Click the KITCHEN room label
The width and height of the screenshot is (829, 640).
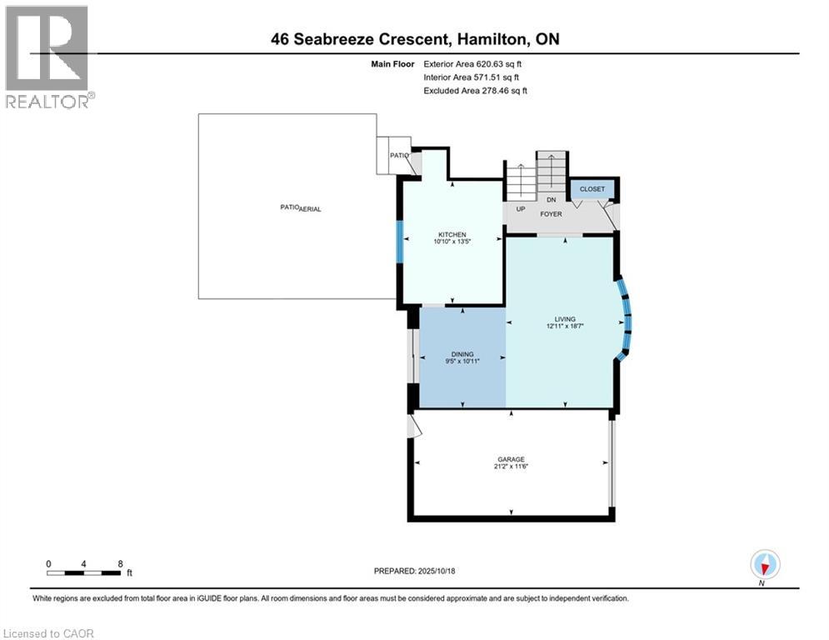[452, 234]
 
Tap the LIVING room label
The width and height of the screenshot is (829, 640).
[565, 319]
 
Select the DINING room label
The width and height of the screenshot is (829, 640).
[462, 354]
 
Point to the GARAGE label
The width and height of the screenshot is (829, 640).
[511, 459]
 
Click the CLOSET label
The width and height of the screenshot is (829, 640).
[592, 189]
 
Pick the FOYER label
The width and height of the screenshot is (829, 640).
[551, 214]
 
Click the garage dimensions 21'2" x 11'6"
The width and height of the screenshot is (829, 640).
[511, 467]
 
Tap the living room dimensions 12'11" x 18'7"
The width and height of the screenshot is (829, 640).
[565, 327]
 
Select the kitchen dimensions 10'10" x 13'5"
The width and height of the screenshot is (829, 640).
[452, 241]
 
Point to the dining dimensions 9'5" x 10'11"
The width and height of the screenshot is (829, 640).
[462, 362]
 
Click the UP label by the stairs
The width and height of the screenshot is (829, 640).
[521, 209]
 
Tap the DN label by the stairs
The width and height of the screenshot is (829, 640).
[552, 200]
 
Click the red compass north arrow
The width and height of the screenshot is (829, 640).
[765, 568]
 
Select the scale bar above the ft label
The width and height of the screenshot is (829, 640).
[83, 572]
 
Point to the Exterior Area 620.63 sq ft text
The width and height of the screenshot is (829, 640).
[472, 64]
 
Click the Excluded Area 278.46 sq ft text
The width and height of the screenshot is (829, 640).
[475, 91]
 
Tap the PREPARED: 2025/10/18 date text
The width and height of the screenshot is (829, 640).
[415, 571]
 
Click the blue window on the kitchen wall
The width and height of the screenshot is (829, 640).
[400, 242]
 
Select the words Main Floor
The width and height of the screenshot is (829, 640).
[392, 64]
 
